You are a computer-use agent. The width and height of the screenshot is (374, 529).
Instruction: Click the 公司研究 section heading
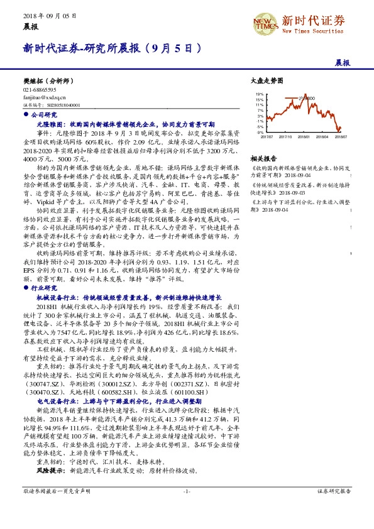43,116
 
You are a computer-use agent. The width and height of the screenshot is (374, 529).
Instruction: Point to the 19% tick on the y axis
260,93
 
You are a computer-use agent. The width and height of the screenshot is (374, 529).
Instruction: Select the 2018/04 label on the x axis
322,136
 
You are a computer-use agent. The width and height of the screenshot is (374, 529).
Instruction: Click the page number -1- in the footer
187,508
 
